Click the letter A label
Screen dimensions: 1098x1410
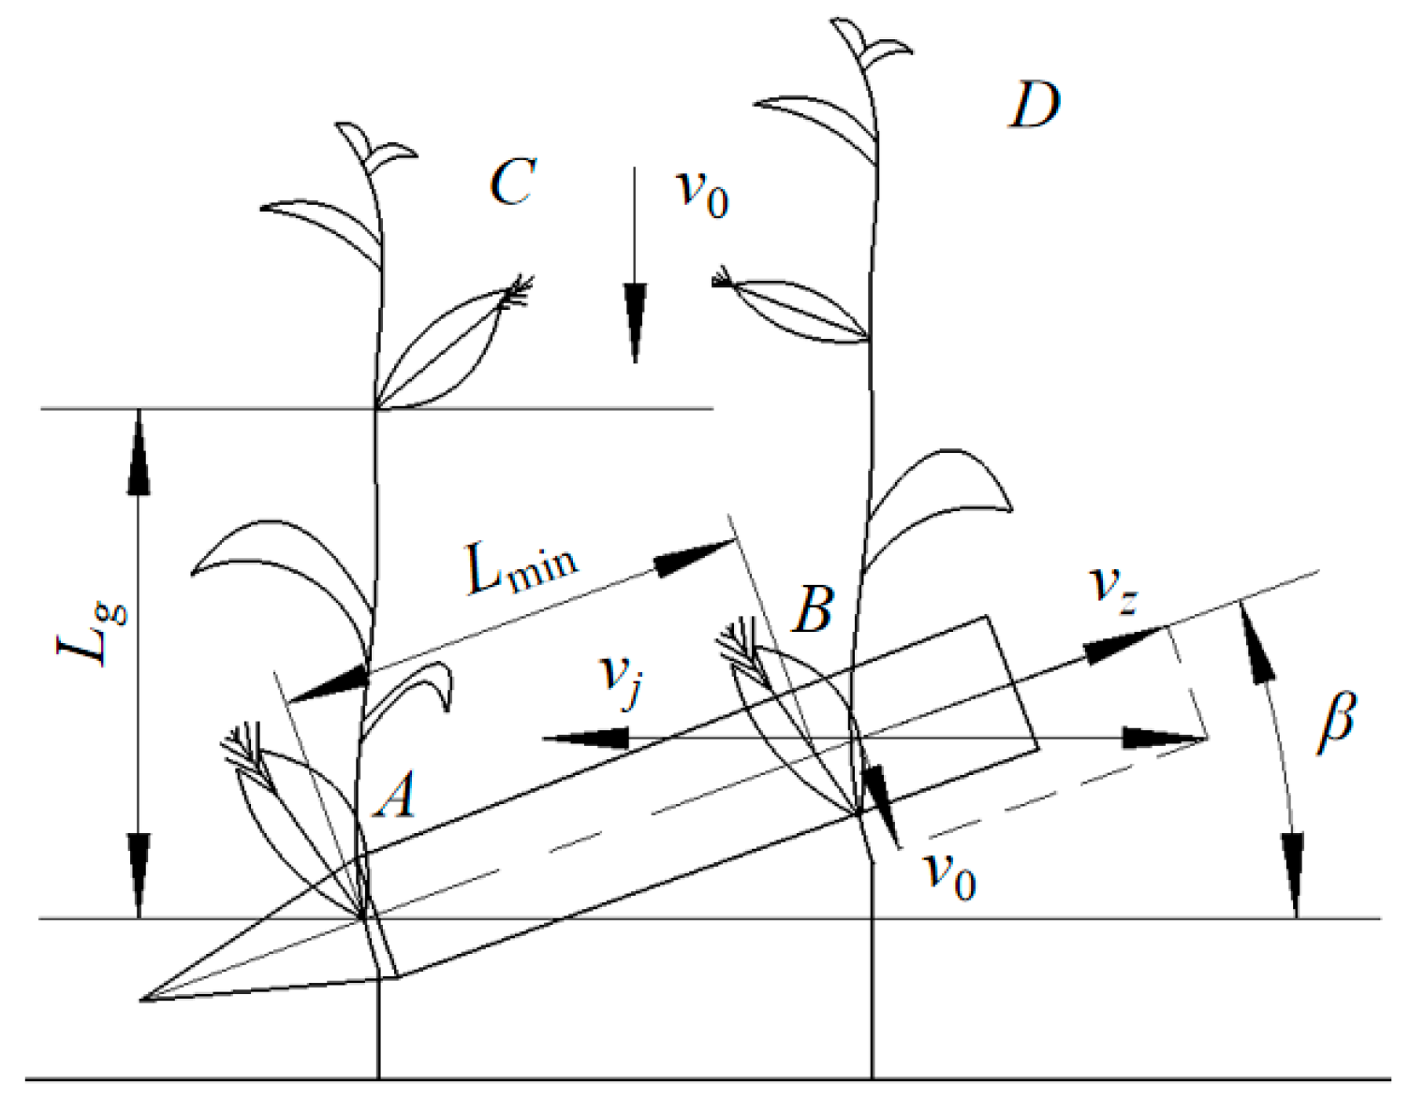[x=395, y=798]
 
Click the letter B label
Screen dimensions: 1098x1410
[x=812, y=609]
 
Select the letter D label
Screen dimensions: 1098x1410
[x=1034, y=105]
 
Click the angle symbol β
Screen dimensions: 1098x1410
[x=1336, y=721]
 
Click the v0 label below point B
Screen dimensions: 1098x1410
[x=949, y=874]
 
